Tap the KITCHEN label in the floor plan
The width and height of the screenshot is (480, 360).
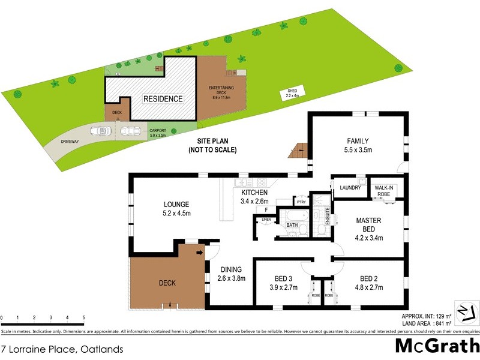pyautogui.click(x=255, y=193)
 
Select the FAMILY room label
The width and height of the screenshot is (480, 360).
pyautogui.click(x=358, y=141)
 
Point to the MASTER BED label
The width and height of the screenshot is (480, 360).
pyautogui.click(x=368, y=220)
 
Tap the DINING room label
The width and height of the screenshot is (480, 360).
pyautogui.click(x=230, y=269)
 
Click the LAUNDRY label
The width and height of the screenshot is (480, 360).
pyautogui.click(x=350, y=188)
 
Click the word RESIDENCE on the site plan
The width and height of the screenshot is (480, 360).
pyautogui.click(x=162, y=98)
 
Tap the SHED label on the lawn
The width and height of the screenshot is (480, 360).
pyautogui.click(x=292, y=92)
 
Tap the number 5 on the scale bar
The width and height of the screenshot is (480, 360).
pyautogui.click(x=83, y=317)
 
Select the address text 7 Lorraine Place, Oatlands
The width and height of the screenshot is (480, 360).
pyautogui.click(x=62, y=349)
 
